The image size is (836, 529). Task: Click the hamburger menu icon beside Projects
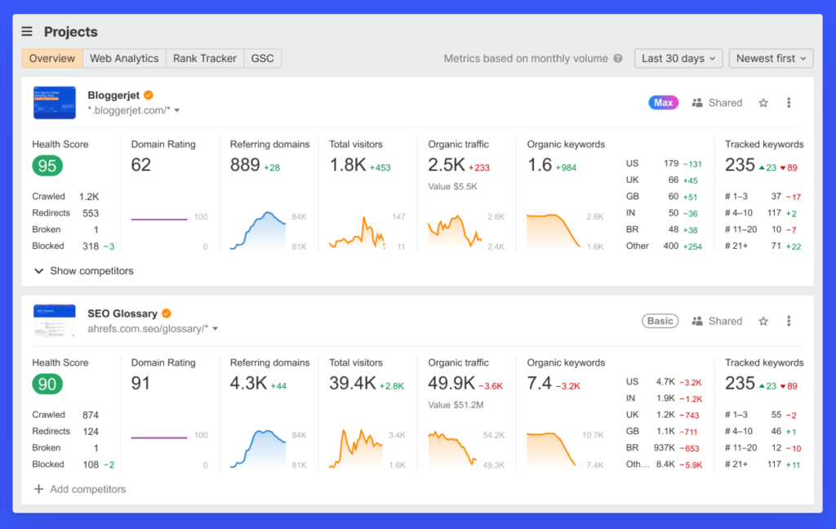[x=27, y=32]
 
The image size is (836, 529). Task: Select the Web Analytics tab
[x=124, y=59]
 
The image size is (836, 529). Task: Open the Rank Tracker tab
[x=204, y=59]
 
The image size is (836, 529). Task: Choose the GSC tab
[x=262, y=59]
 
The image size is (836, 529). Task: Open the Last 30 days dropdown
[x=678, y=59]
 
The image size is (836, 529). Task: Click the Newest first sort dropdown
[x=771, y=59]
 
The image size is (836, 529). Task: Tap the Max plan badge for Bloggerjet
[x=663, y=103]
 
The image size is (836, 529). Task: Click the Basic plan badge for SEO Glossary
[x=660, y=322]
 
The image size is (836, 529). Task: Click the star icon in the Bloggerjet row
[x=763, y=103]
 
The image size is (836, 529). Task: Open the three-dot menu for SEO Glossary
[x=789, y=322]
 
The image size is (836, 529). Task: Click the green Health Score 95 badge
[x=47, y=167]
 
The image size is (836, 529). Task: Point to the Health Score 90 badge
[x=47, y=385]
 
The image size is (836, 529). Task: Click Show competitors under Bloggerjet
[x=83, y=271]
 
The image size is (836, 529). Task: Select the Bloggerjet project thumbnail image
[x=54, y=103]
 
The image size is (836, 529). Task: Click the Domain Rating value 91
[x=141, y=383]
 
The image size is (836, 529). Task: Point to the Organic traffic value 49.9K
[x=451, y=383]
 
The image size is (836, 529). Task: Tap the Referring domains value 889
[x=245, y=165]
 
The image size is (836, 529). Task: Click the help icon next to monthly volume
[x=618, y=59]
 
